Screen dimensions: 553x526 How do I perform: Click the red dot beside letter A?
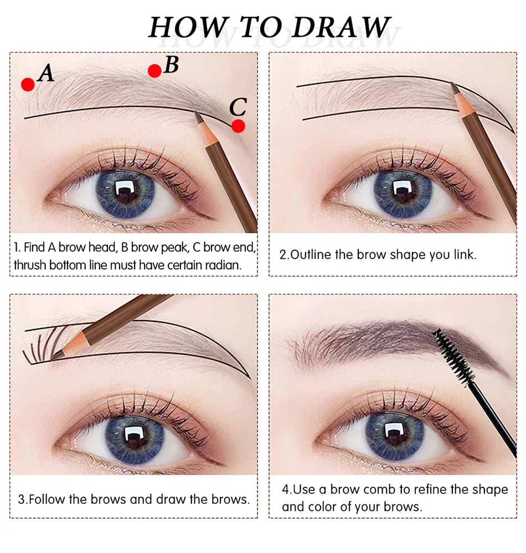(x=28, y=84)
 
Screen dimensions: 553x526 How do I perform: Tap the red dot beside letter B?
(x=155, y=70)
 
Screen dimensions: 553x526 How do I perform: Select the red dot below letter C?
(x=238, y=126)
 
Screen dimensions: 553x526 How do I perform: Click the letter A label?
(x=47, y=74)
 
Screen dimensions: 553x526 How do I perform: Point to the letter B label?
(x=171, y=65)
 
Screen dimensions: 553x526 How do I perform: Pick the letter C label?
(x=238, y=106)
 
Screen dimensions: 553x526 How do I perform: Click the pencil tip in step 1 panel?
(x=198, y=116)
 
